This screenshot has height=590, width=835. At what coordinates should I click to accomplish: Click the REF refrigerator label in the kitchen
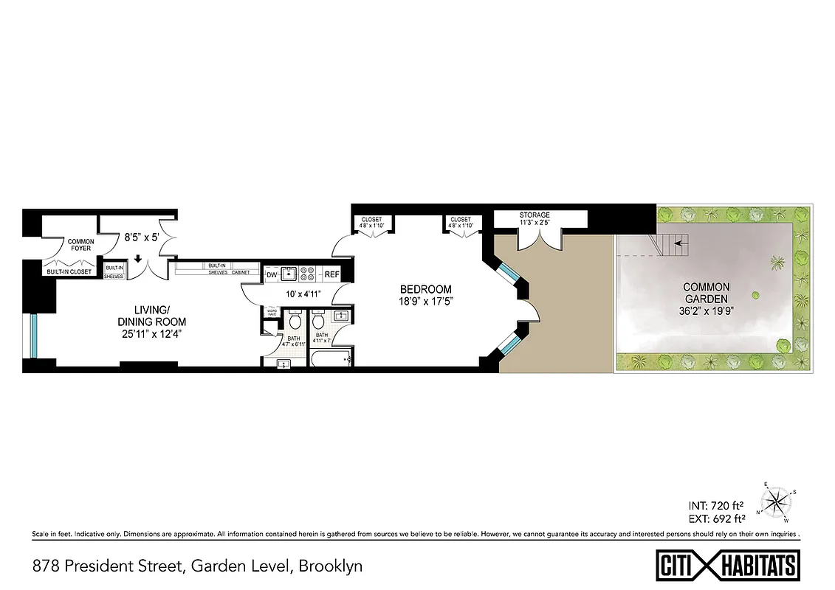coord(331,275)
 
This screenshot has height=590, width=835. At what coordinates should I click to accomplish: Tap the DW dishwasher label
coord(272,275)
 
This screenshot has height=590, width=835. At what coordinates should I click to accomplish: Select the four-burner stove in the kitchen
coord(310,274)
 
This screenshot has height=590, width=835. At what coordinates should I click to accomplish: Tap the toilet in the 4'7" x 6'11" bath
coord(295,320)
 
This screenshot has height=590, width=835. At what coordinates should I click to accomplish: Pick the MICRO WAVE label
coord(272,313)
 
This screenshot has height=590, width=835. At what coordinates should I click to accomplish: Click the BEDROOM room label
coord(426,289)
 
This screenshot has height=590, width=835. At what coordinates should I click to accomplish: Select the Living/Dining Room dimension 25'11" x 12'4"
coord(151,334)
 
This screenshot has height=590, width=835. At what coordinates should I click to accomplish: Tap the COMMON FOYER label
coord(80,245)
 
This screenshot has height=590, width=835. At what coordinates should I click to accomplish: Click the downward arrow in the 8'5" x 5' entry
coord(138,259)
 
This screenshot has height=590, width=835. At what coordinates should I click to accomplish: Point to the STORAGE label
coord(535,215)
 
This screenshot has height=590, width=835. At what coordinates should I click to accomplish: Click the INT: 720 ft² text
coord(715,505)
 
